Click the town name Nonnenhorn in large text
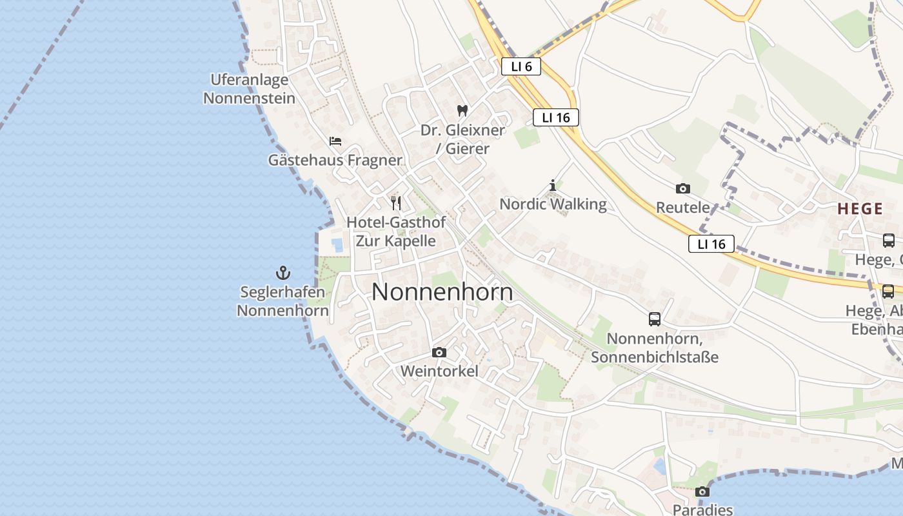442,292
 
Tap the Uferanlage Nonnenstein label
249,89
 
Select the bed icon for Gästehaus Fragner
335,141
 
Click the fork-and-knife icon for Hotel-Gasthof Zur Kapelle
396,203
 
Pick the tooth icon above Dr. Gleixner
462,110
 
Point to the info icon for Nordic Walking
552,186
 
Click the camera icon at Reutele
682,188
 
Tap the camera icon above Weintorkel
439,352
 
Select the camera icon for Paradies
702,491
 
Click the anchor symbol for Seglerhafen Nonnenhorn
283,272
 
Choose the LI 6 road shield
521,66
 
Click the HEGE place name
860,208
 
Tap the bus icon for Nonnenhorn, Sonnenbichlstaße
654,319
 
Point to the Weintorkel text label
439,372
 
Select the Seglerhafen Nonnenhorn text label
283,301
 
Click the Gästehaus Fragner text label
335,160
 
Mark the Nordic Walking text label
553,204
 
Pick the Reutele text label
682,208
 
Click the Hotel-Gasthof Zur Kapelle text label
396,232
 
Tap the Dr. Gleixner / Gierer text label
462,139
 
